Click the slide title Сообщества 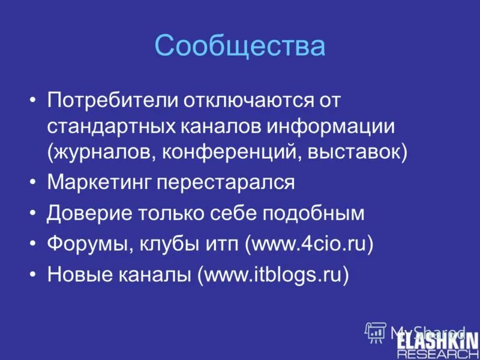click(240, 46)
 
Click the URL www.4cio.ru click(309, 244)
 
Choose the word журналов click(103, 152)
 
